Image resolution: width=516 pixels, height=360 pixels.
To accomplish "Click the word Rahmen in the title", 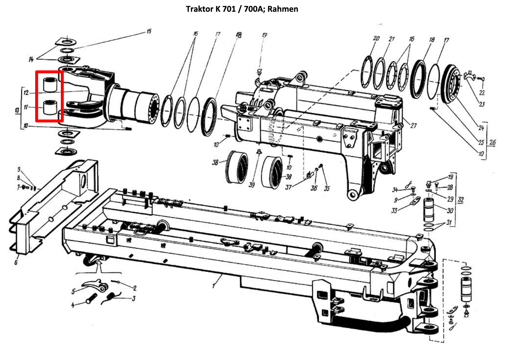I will point(283,9).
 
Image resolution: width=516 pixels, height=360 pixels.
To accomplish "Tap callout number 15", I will point(149,31).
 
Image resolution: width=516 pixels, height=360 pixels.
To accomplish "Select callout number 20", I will point(376,38).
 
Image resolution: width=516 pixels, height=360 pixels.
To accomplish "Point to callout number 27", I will point(413,125).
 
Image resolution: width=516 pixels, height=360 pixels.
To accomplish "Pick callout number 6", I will point(16,262).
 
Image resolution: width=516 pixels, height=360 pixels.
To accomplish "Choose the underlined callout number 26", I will point(492,142).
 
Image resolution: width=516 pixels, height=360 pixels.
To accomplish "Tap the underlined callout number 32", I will point(461,200).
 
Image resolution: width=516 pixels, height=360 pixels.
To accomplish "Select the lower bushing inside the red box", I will point(49,107).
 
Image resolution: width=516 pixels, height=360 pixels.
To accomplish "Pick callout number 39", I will point(251,185).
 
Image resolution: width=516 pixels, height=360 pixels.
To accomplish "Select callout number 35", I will point(327,188).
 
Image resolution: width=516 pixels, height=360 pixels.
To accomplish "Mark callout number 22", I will point(482,93).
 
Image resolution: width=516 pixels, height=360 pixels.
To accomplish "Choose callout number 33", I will point(394,211).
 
